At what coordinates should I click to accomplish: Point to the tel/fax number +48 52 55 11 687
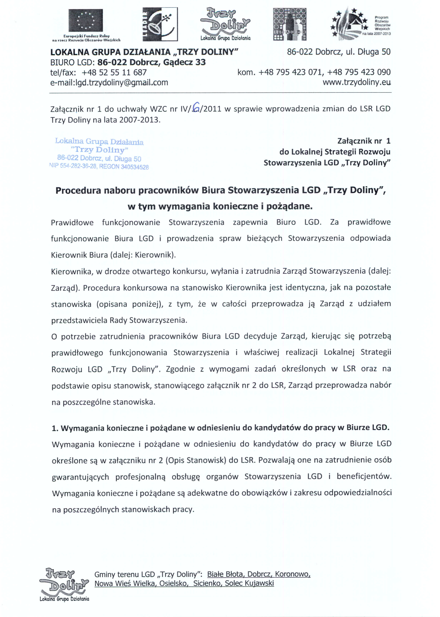[114, 72]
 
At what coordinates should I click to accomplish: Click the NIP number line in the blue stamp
[99, 166]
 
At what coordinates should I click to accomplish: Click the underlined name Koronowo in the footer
[293, 574]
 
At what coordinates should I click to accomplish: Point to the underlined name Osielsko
[173, 583]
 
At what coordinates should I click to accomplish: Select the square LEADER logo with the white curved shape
[160, 24]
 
